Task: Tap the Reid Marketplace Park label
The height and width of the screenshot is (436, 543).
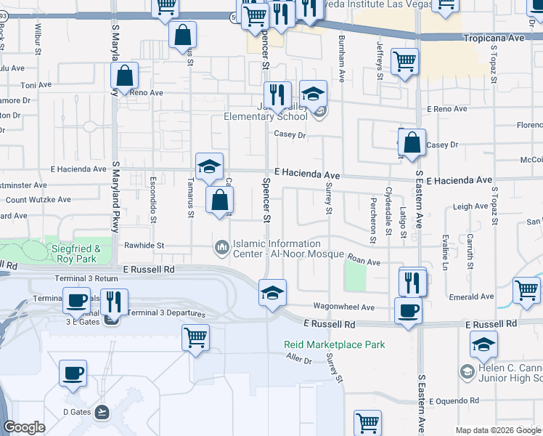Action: (x=334, y=344)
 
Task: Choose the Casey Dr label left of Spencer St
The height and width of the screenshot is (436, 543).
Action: (x=290, y=134)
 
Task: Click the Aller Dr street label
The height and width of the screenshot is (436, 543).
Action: (x=298, y=359)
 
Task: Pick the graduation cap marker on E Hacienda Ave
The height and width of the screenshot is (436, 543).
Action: (x=209, y=166)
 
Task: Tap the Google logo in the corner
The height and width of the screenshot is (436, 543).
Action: (x=24, y=427)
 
